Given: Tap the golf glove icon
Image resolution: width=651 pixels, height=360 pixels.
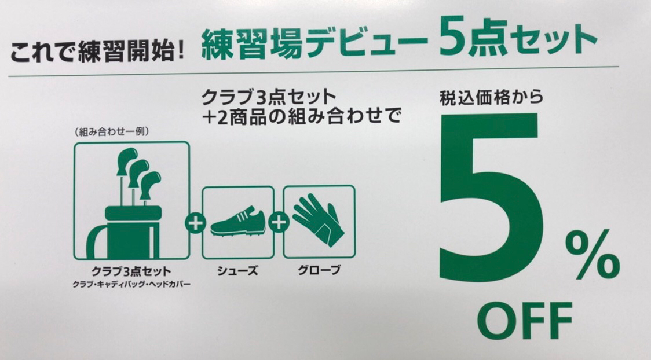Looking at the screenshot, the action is pyautogui.click(x=319, y=222).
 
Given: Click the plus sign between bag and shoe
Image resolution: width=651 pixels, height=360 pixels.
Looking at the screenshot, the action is pyautogui.click(x=195, y=223).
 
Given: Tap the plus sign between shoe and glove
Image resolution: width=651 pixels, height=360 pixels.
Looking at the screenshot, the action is pyautogui.click(x=279, y=223).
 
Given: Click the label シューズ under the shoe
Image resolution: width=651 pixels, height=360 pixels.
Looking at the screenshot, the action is pyautogui.click(x=237, y=271).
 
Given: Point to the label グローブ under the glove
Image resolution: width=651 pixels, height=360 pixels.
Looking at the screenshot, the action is pyautogui.click(x=319, y=270).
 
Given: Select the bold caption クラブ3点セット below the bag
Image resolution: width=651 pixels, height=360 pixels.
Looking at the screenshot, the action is pyautogui.click(x=131, y=271).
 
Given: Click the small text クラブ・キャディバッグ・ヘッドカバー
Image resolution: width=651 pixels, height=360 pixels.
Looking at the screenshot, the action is pyautogui.click(x=131, y=285).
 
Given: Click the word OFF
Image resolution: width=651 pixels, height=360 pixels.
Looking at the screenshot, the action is pyautogui.click(x=525, y=321).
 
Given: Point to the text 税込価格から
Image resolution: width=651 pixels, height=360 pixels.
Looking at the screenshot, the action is pyautogui.click(x=492, y=98).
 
